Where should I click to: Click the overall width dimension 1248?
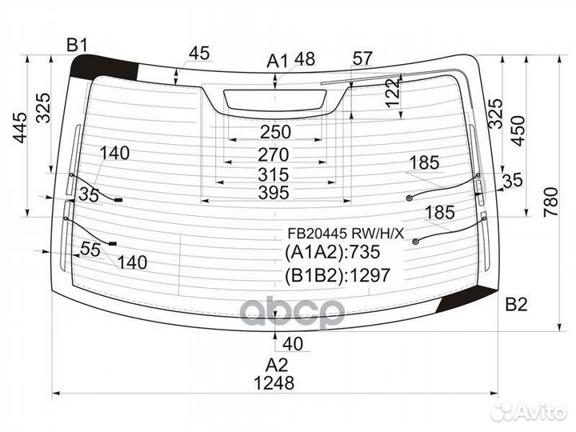tap(274, 383)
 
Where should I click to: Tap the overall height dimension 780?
tap(551, 202)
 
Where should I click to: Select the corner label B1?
tap(77, 45)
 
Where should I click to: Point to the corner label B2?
tap(516, 305)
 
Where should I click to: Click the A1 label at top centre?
tap(278, 61)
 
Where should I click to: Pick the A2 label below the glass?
tap(277, 365)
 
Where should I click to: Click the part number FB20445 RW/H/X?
tap(346, 233)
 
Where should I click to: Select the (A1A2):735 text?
tap(332, 252)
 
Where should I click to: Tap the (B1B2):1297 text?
tap(337, 274)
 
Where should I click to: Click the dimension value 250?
tap(275, 132)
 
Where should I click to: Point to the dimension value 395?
tap(274, 193)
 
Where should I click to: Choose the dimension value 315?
tap(274, 174)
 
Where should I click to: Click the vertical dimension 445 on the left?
tap(20, 128)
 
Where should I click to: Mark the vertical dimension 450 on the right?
tap(518, 130)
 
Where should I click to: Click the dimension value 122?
tap(393, 93)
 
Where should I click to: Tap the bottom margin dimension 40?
tap(293, 344)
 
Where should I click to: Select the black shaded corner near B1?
tap(104, 66)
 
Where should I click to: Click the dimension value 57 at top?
tap(362, 58)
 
